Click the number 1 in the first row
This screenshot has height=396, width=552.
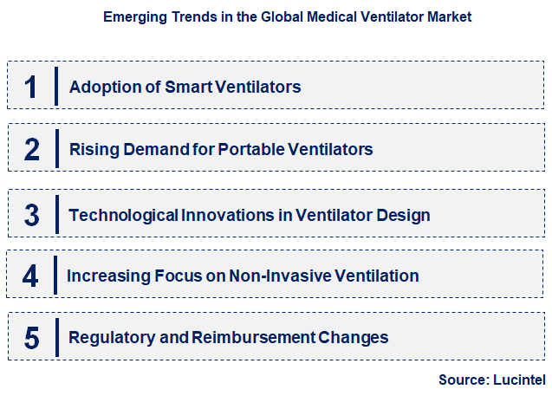31,87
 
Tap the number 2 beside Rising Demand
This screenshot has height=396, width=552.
32,149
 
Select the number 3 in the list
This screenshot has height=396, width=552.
32,214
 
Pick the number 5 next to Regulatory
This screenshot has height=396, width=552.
32,337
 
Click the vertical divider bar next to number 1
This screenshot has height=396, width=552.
56,86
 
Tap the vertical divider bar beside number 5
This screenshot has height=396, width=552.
56,337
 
